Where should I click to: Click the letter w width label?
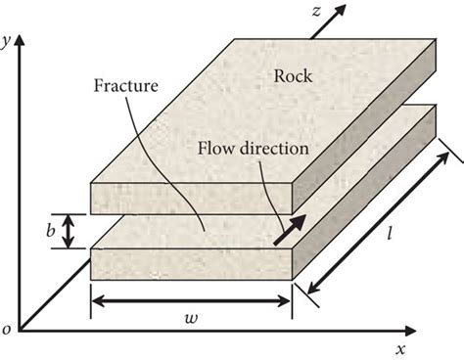click(192, 321)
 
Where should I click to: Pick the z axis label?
click(316, 9)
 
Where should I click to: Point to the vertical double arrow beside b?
click(68, 231)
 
